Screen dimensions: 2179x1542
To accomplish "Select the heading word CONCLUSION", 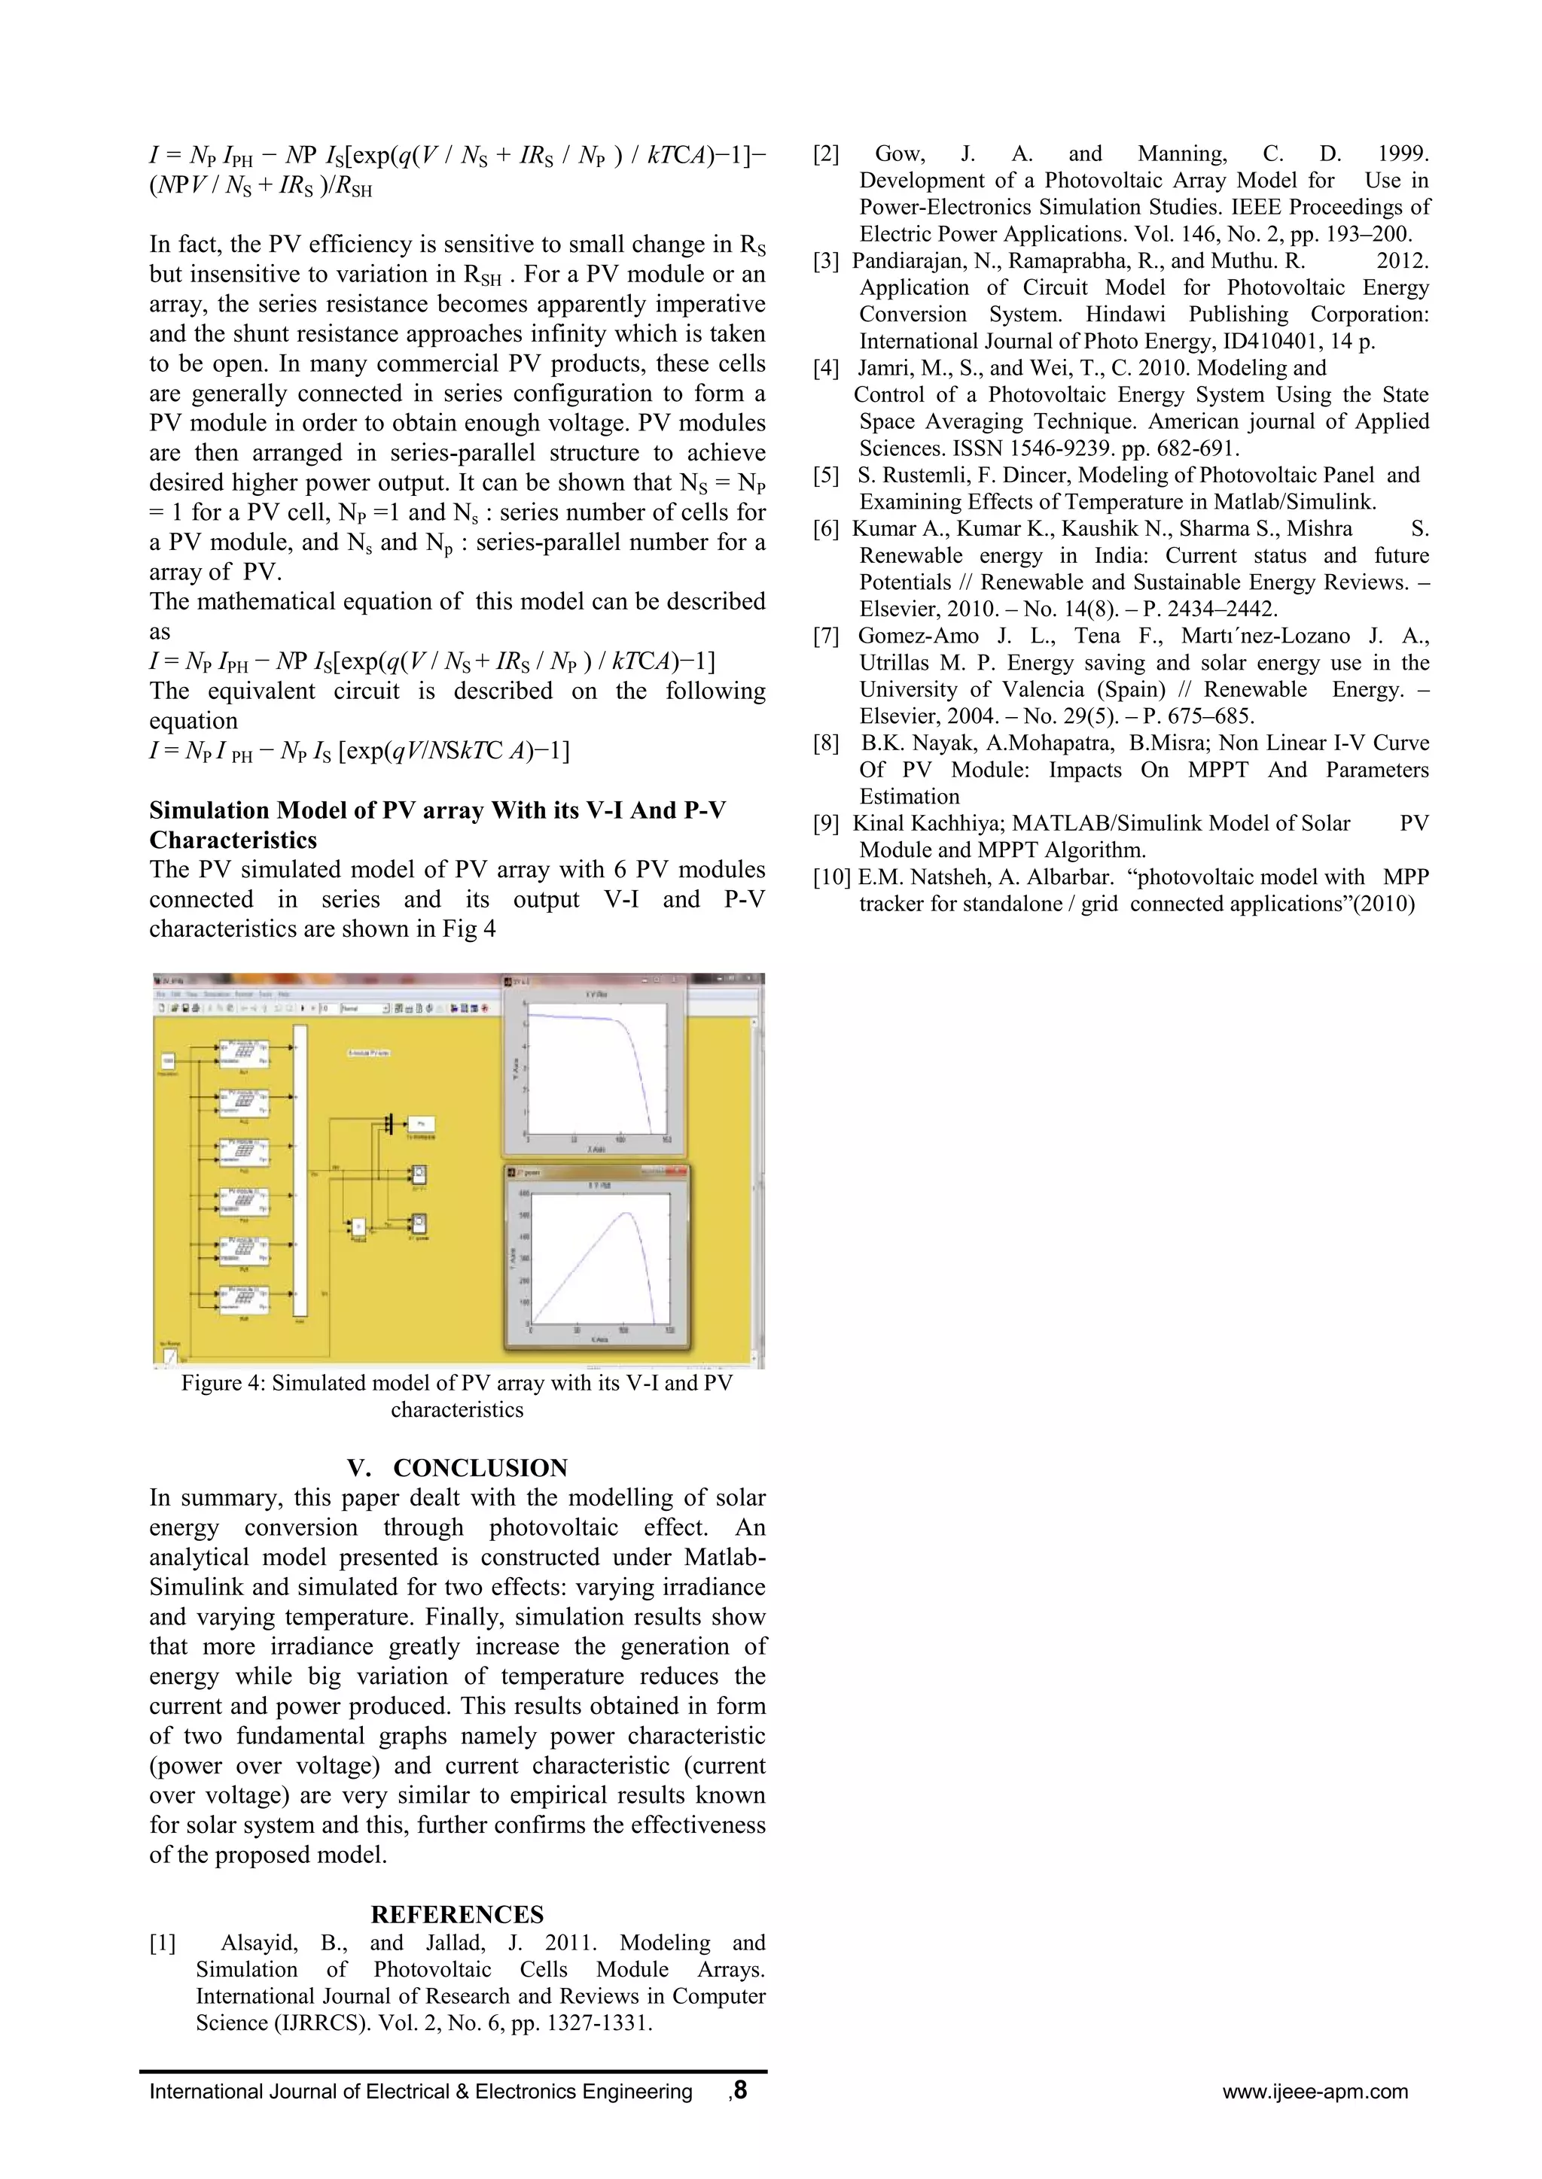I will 480,1467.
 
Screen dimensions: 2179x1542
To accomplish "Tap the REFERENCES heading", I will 457,1913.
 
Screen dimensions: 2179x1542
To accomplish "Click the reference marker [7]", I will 825,637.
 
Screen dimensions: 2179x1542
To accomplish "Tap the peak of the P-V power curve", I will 625,1213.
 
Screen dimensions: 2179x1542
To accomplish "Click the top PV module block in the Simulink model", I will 244,1053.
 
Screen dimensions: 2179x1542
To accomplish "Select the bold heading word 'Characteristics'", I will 233,840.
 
